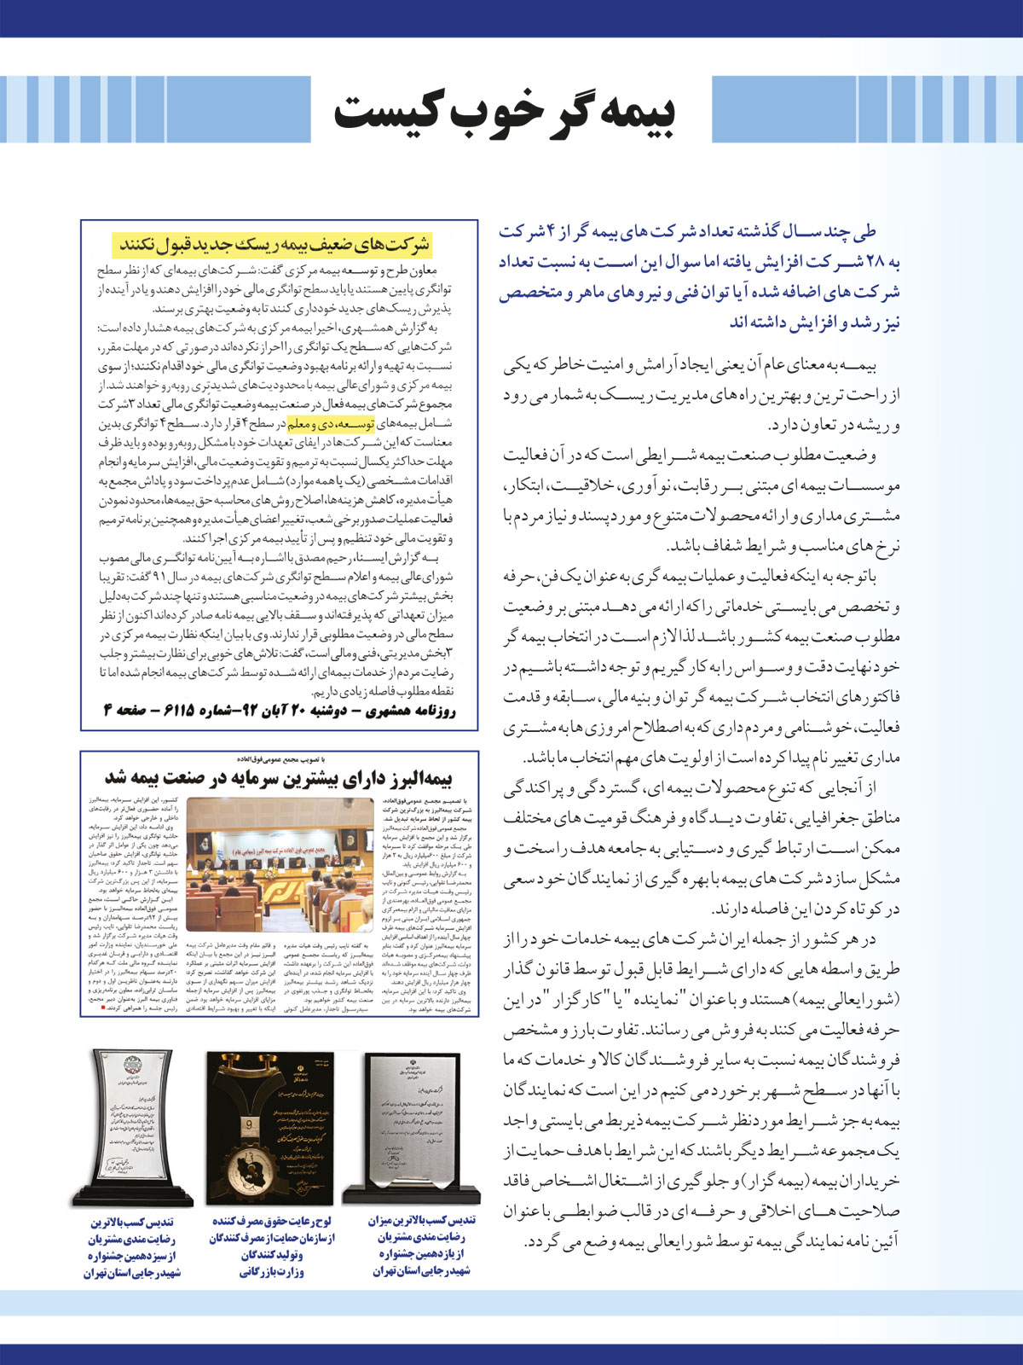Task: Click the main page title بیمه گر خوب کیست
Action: click(505, 111)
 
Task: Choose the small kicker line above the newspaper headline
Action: click(279, 758)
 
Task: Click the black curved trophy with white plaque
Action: click(131, 1126)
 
